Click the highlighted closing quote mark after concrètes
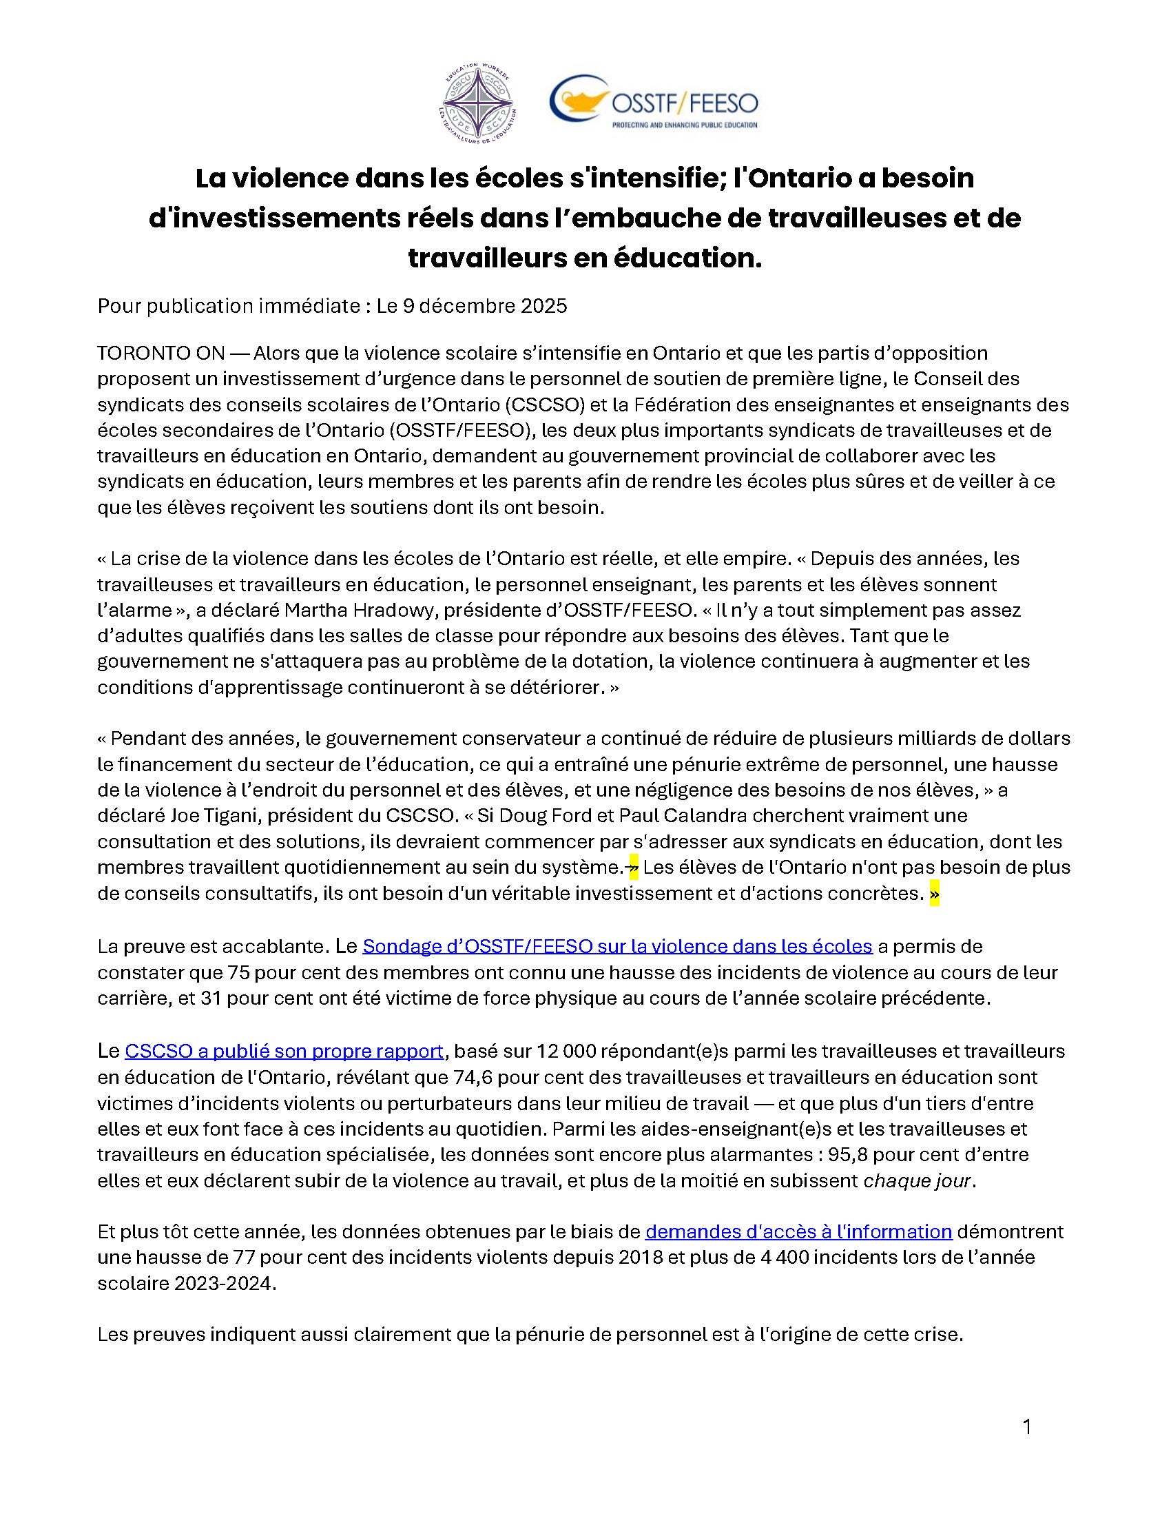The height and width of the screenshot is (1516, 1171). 934,895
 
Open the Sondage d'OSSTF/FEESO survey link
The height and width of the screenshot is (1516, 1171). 616,947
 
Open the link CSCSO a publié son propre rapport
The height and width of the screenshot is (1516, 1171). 284,1052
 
